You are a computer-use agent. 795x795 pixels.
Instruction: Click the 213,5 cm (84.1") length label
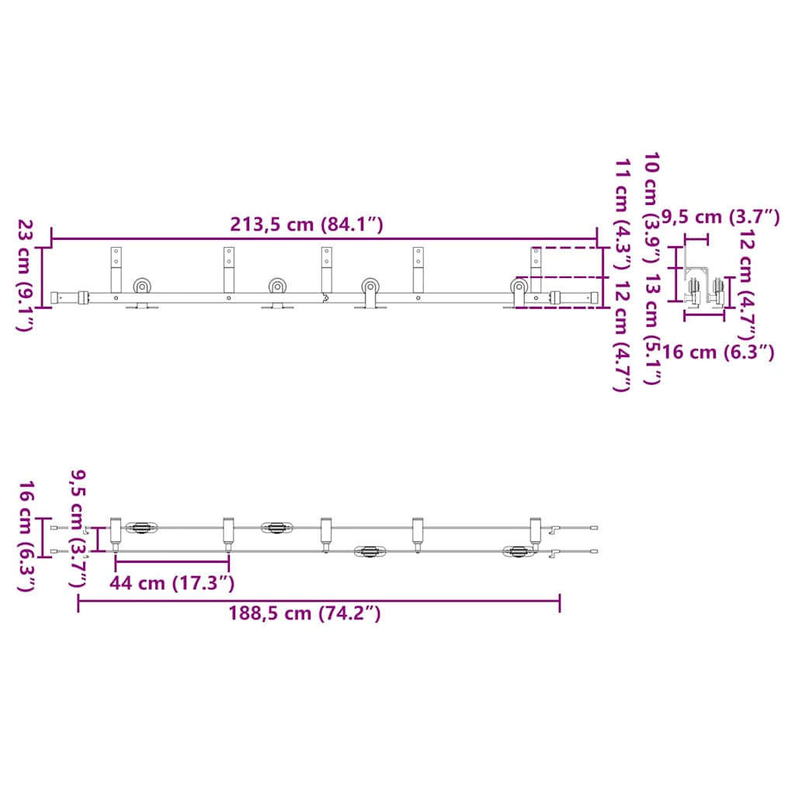click(307, 224)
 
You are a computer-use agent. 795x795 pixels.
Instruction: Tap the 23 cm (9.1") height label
click(25, 276)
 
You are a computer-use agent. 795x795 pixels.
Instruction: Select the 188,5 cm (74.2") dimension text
click(304, 613)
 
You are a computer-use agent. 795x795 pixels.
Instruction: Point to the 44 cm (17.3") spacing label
click(172, 583)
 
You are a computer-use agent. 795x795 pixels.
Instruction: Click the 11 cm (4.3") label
click(623, 215)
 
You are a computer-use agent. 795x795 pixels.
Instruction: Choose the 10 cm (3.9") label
click(651, 208)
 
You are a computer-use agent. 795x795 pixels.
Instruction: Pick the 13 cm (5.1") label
click(652, 329)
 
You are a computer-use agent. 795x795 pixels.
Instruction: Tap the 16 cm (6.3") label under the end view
click(718, 352)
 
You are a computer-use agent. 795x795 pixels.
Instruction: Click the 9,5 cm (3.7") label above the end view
click(720, 217)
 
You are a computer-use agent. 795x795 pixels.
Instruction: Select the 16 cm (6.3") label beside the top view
click(26, 536)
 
